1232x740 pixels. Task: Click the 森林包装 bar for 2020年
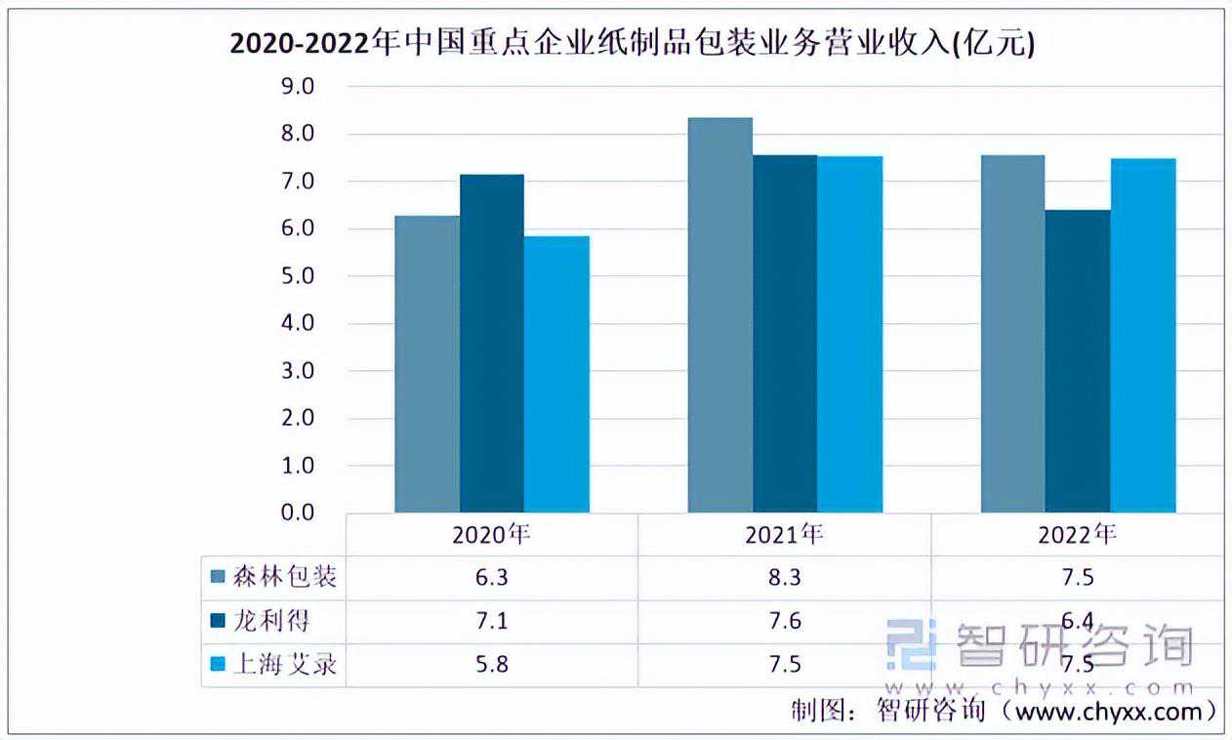427,363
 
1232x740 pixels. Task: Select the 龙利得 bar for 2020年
492,343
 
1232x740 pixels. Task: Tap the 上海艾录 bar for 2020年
556,374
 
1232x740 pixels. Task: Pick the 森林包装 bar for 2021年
720,314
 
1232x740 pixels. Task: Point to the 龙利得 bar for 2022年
1078,361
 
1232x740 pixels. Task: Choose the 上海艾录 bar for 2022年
1143,335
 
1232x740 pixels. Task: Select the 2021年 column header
784,534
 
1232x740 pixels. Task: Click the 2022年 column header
1077,534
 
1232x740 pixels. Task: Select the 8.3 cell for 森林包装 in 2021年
784,577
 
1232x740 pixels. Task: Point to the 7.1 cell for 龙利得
492,621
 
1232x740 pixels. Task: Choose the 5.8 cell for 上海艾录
492,665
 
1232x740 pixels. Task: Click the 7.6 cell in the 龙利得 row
784,621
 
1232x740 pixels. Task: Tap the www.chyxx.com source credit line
1006,711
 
